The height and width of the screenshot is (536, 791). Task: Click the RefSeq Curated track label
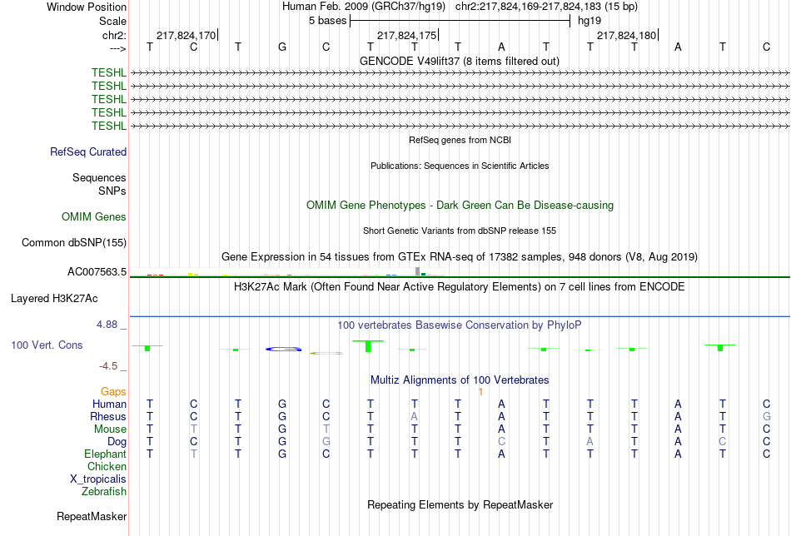coord(88,151)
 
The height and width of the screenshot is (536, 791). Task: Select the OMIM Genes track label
coord(94,217)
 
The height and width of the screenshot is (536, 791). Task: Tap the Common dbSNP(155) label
coord(74,242)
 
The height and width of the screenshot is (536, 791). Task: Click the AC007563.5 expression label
coord(97,272)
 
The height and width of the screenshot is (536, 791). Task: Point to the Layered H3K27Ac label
coord(54,299)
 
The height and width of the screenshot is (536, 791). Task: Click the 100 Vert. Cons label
coord(47,345)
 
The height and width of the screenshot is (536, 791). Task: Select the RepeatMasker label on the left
coord(92,516)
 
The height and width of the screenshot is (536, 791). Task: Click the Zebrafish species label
coord(104,491)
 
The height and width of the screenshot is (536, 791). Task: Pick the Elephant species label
coord(105,454)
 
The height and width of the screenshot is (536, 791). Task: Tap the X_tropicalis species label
coord(98,479)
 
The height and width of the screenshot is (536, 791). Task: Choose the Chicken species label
coord(107,466)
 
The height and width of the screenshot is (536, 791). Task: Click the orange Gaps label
coord(113,391)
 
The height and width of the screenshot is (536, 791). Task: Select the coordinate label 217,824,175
coord(406,35)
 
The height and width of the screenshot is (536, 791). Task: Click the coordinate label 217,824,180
coord(626,35)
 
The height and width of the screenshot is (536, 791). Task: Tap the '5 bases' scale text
coord(328,21)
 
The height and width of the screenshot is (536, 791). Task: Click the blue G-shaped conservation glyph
coord(283,349)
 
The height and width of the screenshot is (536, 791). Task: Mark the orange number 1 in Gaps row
coord(480,392)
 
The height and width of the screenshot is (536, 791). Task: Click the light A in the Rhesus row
coord(414,416)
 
